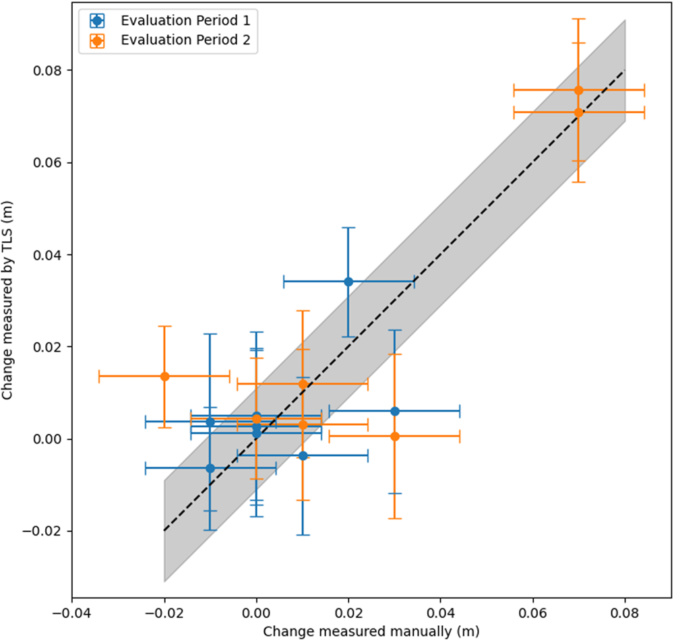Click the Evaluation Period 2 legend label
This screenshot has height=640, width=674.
185,40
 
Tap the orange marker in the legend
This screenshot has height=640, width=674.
98,40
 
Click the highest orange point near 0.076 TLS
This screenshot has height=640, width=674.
578,90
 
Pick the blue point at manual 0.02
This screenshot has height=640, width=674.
348,282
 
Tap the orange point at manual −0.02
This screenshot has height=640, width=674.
164,376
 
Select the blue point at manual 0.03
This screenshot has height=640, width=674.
395,411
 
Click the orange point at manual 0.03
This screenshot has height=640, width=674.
395,437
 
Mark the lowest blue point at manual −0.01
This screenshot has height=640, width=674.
210,468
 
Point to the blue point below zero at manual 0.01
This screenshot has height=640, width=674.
303,455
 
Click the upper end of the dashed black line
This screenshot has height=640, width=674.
625,70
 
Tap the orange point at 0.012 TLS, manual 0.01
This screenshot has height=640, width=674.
303,384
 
